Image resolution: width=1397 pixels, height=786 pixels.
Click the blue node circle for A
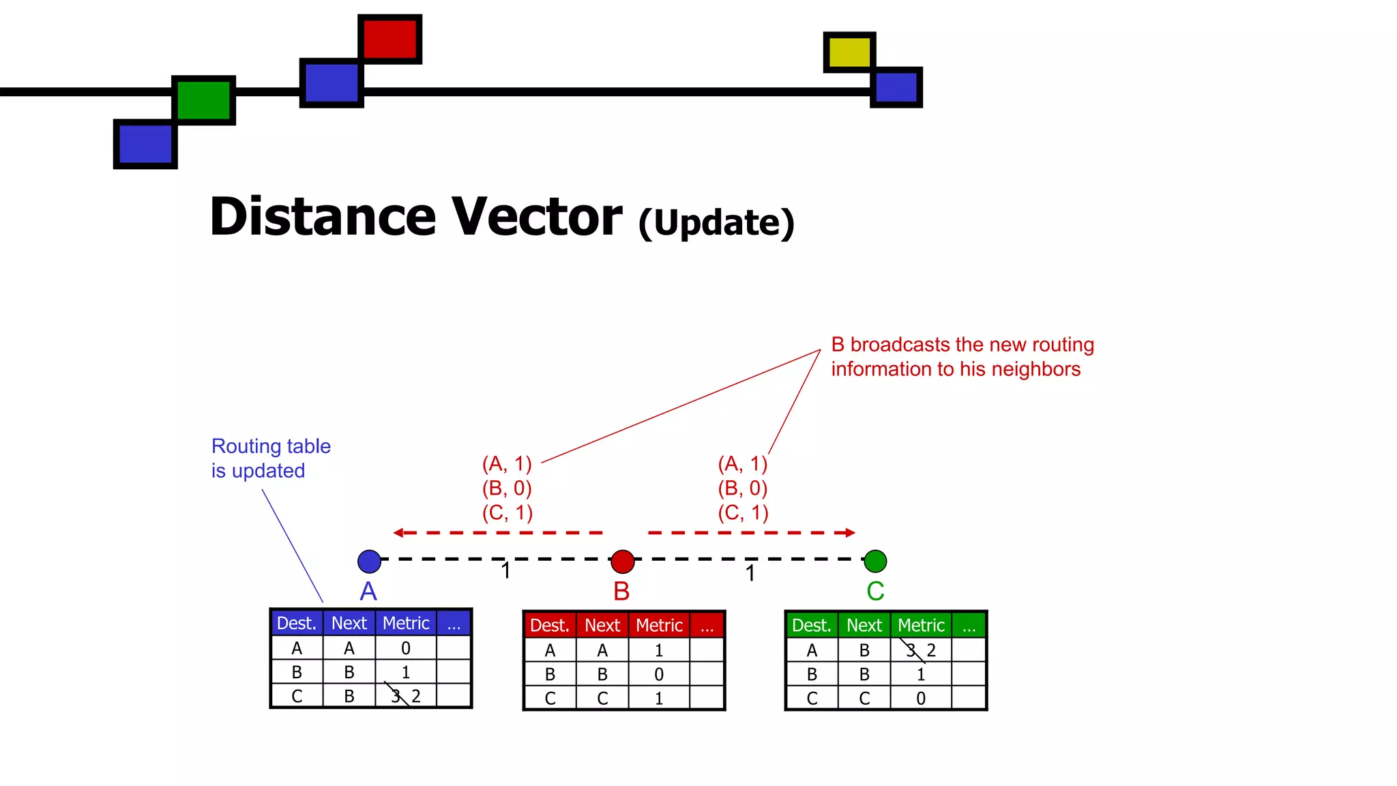369,562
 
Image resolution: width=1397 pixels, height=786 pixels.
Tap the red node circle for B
622,562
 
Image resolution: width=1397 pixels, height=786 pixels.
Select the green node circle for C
875,562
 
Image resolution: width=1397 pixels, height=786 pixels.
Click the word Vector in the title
537,217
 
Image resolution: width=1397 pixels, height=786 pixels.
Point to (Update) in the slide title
716,222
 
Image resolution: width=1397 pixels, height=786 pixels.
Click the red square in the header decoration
389,39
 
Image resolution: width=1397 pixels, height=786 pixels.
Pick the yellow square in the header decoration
849,52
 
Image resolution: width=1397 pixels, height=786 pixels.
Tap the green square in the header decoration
203,100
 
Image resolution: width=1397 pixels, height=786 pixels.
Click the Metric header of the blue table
406,623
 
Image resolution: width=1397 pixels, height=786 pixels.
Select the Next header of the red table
602,626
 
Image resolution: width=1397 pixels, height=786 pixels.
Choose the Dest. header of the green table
811,626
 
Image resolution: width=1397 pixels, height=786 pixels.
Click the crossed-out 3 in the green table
911,650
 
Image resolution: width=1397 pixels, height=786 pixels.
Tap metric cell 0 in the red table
659,675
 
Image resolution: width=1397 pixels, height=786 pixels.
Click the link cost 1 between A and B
505,570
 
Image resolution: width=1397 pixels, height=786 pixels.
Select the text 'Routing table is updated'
270,458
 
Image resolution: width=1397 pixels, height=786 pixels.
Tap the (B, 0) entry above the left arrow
507,489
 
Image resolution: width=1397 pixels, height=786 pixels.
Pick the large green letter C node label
875,591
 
